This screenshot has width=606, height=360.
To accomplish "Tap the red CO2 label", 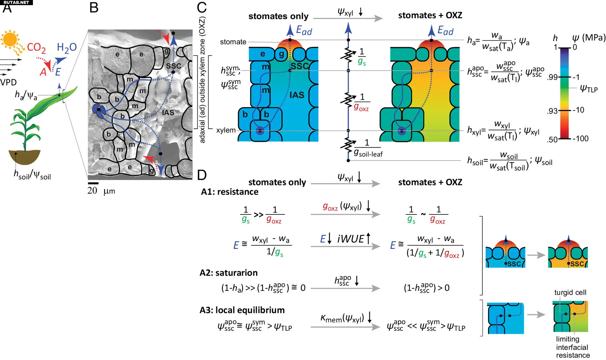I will click(36, 47).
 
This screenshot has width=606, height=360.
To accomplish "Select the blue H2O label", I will click(67, 47).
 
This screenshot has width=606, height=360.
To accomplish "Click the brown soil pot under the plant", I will click(25, 156).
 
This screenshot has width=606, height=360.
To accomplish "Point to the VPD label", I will click(8, 82).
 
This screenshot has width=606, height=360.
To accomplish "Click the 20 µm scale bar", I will click(93, 183).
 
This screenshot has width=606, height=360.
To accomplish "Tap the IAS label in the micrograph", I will click(168, 113).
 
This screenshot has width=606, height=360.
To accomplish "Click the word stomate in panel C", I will click(233, 42).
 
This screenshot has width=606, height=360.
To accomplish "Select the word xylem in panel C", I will click(226, 130).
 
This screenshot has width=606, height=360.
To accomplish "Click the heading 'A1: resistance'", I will click(229, 192).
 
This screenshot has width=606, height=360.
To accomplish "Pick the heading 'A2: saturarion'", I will click(229, 273).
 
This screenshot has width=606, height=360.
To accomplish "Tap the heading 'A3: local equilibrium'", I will click(242, 310).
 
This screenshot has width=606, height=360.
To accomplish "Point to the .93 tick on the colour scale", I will click(553, 111).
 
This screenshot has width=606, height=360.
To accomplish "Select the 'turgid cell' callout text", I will click(570, 292).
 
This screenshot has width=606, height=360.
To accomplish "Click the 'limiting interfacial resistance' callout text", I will click(572, 347).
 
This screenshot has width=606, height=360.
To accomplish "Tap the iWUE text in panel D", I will click(351, 239).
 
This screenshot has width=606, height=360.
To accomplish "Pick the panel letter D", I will click(202, 175).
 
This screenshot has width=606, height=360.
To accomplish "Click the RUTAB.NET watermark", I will click(16, 2).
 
